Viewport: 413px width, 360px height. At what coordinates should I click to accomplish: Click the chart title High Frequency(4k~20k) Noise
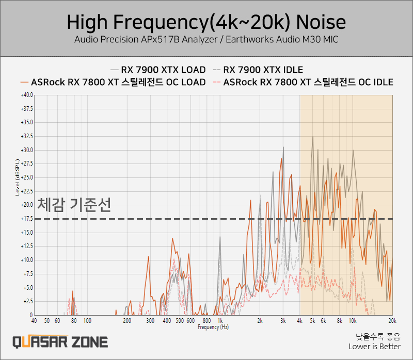pos(206,22)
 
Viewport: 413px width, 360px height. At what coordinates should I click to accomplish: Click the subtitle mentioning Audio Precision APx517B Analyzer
pos(206,40)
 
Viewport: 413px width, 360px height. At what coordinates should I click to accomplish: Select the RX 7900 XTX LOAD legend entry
pos(158,70)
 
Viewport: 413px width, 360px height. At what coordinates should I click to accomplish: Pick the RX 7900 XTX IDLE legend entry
pos(258,70)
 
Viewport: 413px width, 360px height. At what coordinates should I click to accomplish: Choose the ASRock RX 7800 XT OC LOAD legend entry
pos(113,82)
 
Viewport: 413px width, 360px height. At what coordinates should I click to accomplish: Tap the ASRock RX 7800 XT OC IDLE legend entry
pos(303,82)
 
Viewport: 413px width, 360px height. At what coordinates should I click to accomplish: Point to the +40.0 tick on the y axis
pos(27,95)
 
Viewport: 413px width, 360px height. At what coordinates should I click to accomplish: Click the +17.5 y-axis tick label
pos(27,219)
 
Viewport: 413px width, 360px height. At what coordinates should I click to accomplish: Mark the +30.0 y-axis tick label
pos(27,150)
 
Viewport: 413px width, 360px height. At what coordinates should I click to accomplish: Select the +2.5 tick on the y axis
pos(28,301)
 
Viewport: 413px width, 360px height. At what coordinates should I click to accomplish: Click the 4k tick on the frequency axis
pos(299,321)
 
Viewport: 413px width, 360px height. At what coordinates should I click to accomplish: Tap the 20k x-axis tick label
pos(392,321)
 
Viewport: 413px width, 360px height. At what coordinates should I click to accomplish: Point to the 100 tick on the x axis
pos(87,321)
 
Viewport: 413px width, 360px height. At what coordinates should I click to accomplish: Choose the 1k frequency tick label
pos(220,321)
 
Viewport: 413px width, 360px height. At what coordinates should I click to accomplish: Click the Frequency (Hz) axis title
pos(213,327)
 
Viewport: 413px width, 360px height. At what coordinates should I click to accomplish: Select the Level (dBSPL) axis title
pos(18,177)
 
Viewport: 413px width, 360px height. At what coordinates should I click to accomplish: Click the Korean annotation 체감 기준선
pos(74,205)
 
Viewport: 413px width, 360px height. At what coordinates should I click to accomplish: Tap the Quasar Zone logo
pos(60,342)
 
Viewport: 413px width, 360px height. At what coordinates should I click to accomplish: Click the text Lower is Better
pos(375,347)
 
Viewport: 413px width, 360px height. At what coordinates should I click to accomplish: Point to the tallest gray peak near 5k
pos(313,137)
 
